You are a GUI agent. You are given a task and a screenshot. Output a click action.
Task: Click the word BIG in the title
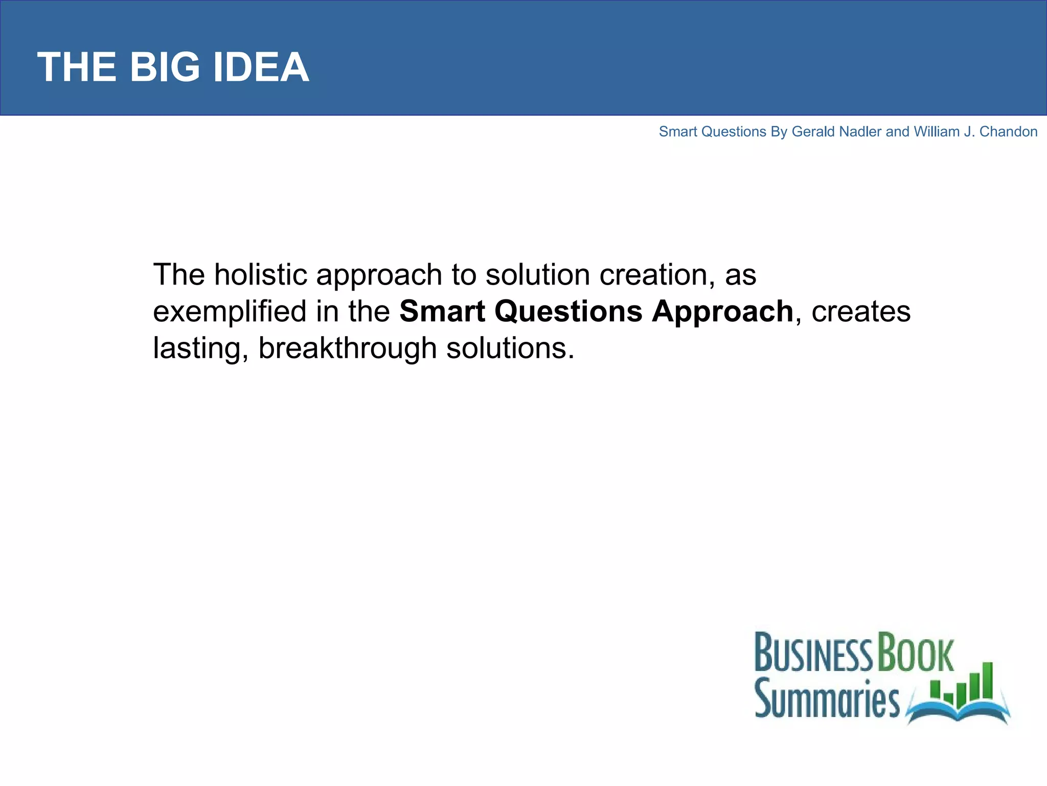(165, 67)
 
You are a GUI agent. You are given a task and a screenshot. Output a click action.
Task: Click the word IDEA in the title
(261, 67)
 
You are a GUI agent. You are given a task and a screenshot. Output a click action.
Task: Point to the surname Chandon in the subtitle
(1008, 132)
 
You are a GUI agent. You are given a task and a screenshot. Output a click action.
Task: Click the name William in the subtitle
(937, 132)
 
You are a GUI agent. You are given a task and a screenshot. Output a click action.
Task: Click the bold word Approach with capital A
(722, 312)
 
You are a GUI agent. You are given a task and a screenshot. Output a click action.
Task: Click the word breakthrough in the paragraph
(347, 348)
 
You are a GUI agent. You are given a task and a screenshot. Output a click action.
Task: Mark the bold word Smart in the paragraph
(442, 312)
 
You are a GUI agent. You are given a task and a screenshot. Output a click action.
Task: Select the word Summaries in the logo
(827, 699)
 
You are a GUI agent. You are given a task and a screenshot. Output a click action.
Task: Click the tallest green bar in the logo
(987, 681)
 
